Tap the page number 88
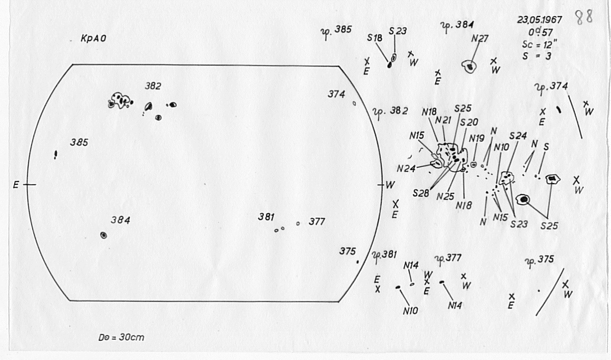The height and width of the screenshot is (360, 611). tap(584, 18)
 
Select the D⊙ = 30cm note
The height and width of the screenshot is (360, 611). tap(121, 338)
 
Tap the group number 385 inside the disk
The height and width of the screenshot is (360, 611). tap(79, 143)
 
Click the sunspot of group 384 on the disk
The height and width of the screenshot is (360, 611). tap(104, 235)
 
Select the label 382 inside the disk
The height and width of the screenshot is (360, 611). tap(152, 87)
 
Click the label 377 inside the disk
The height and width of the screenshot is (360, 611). tap(316, 222)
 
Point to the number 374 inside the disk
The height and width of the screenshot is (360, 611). tap(336, 95)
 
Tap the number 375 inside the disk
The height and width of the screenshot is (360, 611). tap(346, 251)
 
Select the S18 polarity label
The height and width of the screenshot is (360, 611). tap(374, 38)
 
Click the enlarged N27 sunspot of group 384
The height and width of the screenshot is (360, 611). tap(469, 67)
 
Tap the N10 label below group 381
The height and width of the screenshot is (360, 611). tap(410, 310)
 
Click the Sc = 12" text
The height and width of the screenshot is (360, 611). tap(537, 44)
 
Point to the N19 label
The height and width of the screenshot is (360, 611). tap(477, 138)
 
